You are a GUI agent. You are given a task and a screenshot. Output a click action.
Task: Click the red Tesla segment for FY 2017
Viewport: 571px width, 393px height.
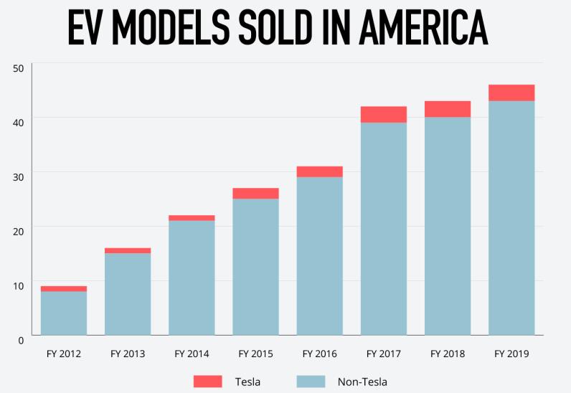(x=384, y=114)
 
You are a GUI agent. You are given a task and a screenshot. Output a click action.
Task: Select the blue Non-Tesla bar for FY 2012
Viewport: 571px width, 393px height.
(x=64, y=313)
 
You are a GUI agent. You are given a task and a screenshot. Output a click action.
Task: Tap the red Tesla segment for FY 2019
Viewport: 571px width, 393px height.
(x=511, y=93)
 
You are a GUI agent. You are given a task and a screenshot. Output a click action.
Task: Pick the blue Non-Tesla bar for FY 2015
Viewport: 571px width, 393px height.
(x=255, y=266)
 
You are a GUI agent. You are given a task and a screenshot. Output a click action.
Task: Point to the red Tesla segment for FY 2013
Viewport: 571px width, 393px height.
(x=128, y=250)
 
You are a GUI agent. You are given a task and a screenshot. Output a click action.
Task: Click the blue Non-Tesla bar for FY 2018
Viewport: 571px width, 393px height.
(x=448, y=225)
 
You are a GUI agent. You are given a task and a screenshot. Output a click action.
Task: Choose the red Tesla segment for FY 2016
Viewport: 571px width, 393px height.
(x=320, y=171)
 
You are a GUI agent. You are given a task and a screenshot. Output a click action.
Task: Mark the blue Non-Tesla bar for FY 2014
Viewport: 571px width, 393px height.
(x=192, y=277)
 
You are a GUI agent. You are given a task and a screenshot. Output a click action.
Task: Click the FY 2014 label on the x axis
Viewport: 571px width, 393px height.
(x=192, y=354)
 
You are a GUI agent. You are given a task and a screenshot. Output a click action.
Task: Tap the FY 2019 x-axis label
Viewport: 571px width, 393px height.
(x=511, y=354)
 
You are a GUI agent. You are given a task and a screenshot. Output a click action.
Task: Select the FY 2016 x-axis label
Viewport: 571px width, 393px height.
(x=320, y=354)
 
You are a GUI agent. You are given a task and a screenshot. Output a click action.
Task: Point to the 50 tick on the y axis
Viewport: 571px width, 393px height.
(x=19, y=68)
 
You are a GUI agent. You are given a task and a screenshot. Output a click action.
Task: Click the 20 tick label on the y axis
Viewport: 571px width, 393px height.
(x=19, y=231)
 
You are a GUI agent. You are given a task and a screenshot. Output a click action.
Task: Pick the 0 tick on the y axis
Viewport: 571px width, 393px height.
(x=21, y=339)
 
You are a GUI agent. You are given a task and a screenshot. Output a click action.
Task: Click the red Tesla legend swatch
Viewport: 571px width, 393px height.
(x=208, y=381)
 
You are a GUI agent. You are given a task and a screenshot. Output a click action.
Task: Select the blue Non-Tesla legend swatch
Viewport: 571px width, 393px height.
(x=311, y=381)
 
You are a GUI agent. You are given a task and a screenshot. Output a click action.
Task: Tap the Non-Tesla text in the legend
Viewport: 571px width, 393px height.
(x=362, y=381)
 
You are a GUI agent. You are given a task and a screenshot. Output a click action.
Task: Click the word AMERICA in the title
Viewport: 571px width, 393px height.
(x=420, y=29)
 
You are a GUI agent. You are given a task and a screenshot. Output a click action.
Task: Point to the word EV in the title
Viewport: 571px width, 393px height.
(x=88, y=29)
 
